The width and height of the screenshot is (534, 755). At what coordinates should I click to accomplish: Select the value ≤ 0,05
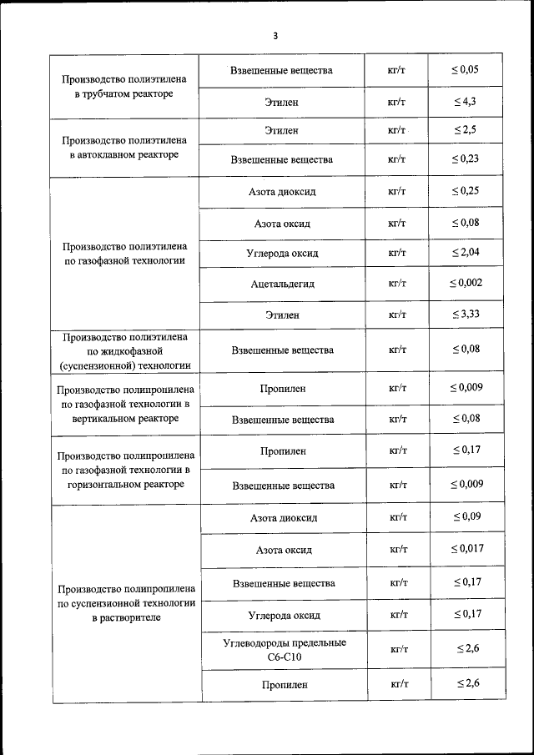tap(466, 70)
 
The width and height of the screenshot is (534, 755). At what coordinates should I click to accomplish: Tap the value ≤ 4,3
tap(466, 102)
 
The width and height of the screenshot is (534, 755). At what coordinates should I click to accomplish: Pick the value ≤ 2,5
tap(466, 131)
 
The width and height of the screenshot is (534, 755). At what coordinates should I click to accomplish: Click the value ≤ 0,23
tap(466, 159)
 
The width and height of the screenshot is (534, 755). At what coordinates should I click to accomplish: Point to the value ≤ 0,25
tap(466, 191)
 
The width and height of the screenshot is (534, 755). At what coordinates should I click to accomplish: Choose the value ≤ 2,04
tap(466, 252)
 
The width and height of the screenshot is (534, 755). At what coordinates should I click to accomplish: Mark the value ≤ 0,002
tap(466, 283)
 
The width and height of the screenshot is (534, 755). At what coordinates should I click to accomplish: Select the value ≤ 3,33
tap(466, 315)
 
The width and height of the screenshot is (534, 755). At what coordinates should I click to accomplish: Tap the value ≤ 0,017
tap(466, 548)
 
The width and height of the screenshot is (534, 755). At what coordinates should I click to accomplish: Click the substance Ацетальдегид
tap(282, 284)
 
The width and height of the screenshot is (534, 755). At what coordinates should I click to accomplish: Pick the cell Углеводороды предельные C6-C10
tap(284, 650)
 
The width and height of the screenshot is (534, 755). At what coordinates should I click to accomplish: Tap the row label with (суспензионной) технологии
tap(123, 350)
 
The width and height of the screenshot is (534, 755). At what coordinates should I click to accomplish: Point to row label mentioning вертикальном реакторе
tap(125, 404)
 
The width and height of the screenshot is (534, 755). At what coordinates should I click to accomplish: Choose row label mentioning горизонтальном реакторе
tap(125, 471)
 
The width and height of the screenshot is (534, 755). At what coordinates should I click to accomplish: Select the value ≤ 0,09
tap(466, 517)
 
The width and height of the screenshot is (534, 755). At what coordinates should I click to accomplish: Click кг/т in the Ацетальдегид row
tap(397, 284)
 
